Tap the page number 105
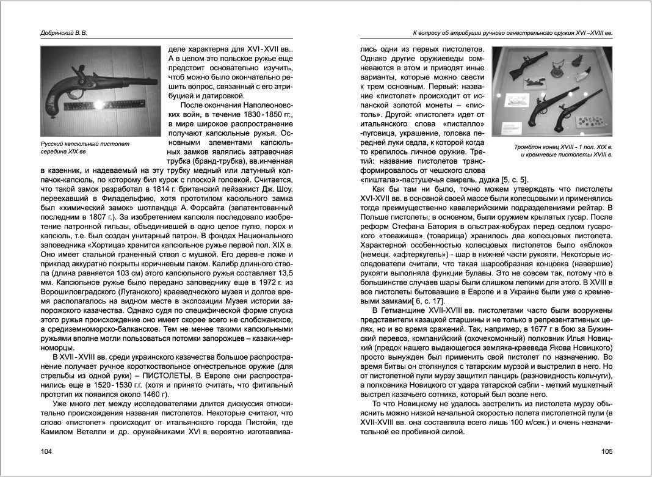coord(606,452)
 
